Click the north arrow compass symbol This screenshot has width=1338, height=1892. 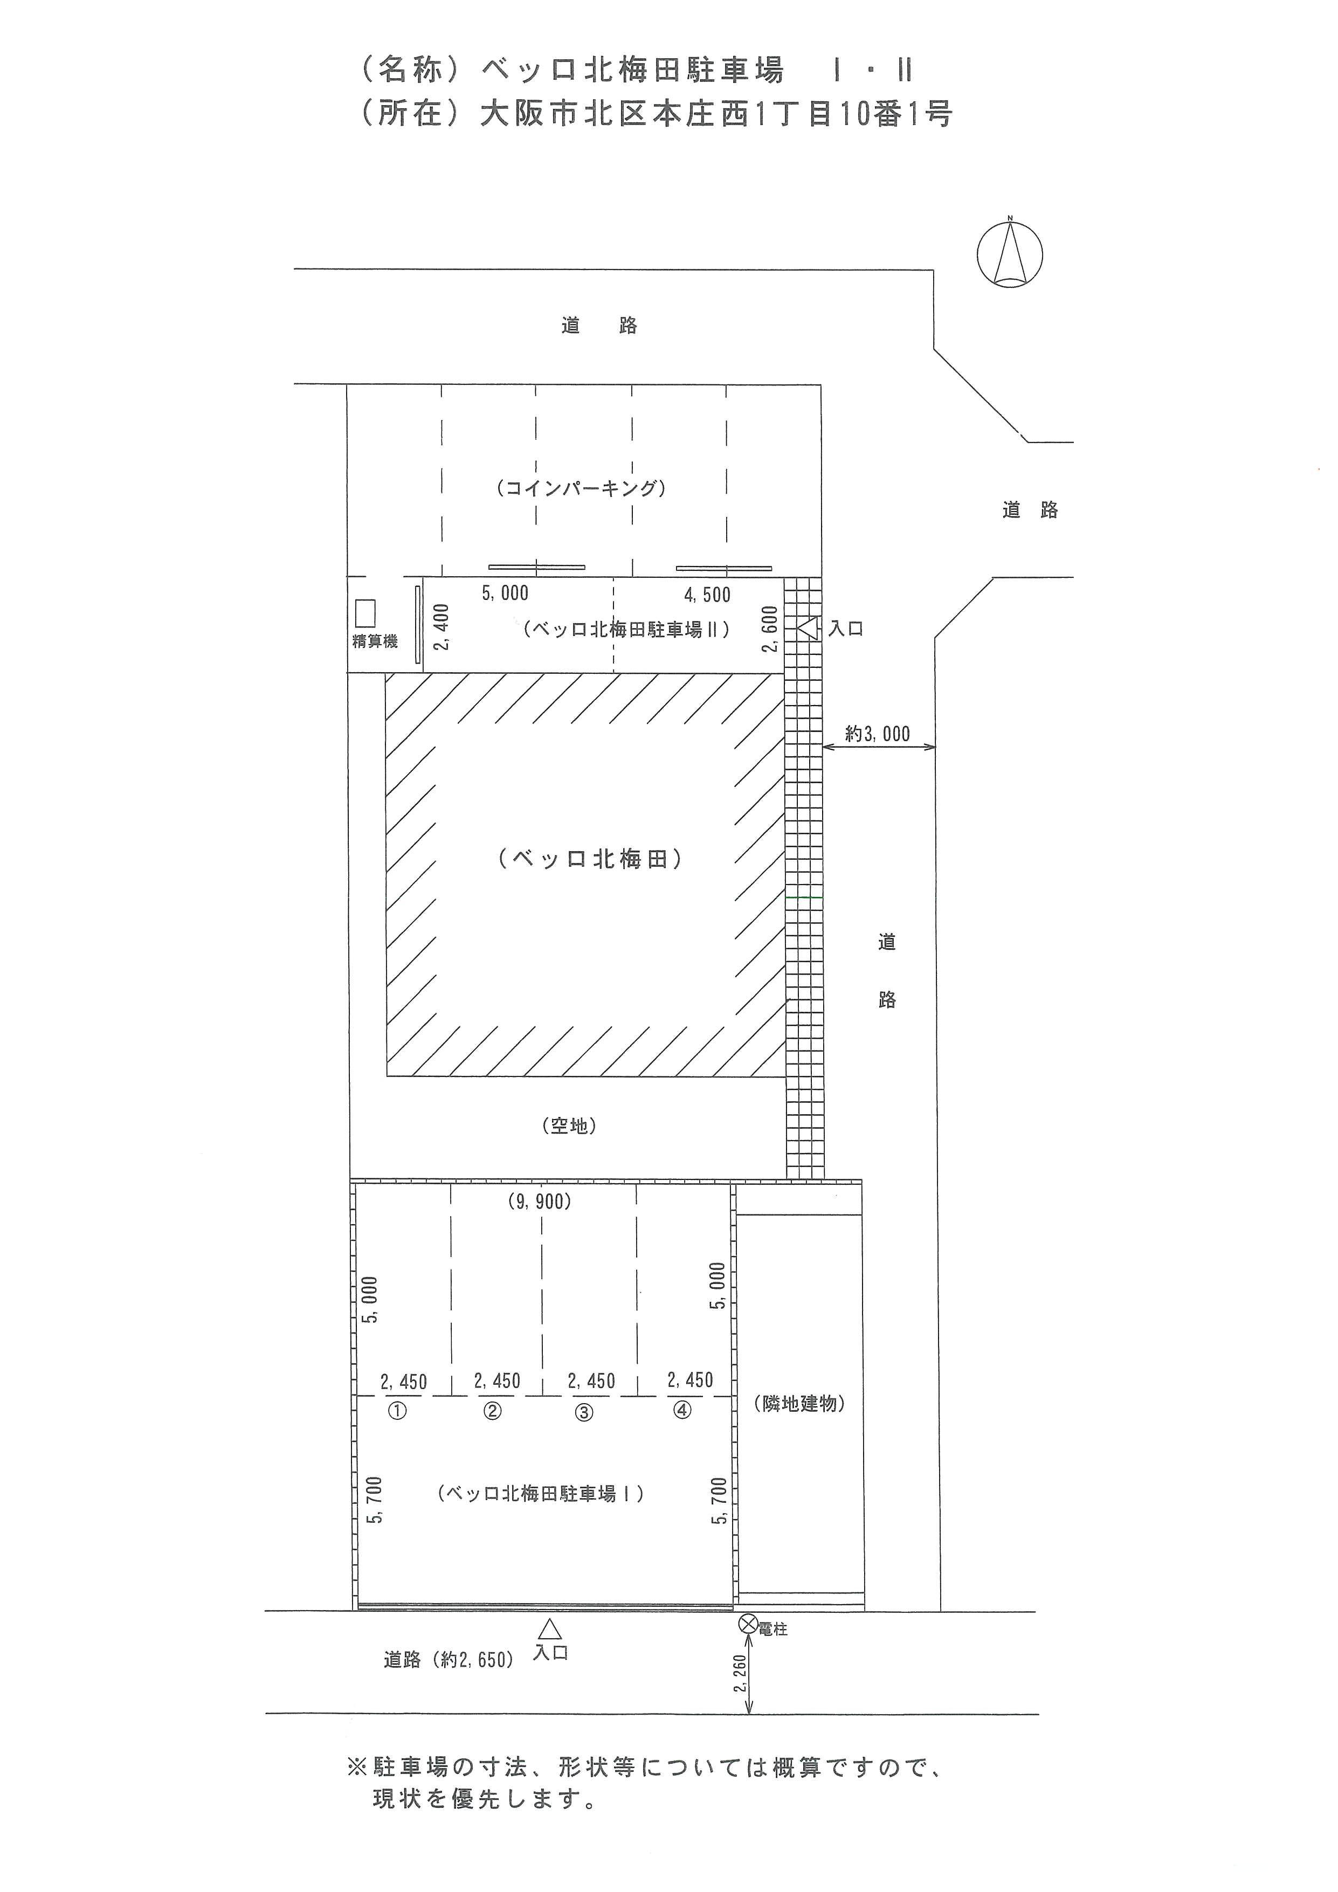[x=1010, y=254]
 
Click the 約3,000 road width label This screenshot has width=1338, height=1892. [x=878, y=734]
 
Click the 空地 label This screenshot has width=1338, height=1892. [x=569, y=1125]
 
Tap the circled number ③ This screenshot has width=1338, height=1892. [x=584, y=1412]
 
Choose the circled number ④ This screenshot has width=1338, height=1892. [x=682, y=1410]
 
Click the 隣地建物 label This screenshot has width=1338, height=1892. [x=799, y=1403]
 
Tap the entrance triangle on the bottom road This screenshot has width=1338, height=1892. [x=550, y=1629]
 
